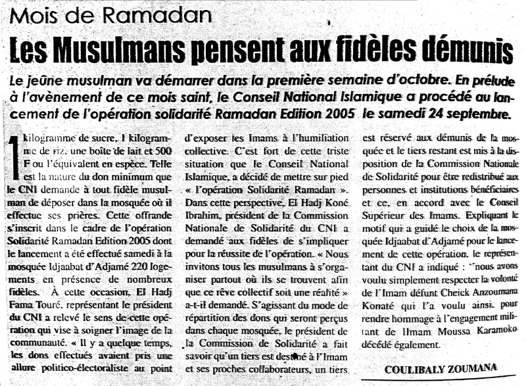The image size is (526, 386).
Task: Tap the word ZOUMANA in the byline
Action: [473, 369]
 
